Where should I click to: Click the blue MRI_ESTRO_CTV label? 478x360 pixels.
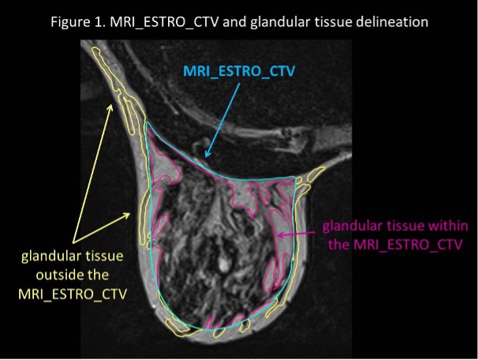239,71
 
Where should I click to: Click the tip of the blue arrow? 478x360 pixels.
206,157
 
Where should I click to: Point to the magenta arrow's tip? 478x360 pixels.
278,235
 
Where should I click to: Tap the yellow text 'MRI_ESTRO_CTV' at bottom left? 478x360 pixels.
73,294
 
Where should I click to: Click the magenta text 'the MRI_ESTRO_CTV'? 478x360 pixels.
395,245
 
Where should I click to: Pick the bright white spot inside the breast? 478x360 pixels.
224,264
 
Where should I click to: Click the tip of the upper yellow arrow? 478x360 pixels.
112,105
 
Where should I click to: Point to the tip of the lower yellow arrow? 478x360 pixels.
130,213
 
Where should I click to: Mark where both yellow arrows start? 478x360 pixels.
73,243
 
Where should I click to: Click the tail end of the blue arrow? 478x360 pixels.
240,84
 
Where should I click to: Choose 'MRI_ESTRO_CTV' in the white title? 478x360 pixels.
164,22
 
